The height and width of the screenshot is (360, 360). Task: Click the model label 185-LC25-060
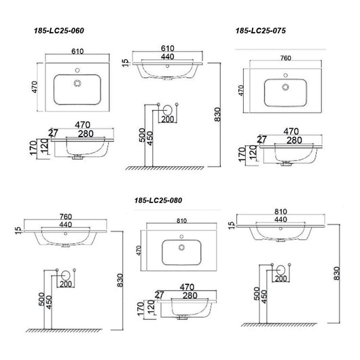59,31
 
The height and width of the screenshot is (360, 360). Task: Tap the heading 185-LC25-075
261,31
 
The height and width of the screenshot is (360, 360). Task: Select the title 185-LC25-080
158,200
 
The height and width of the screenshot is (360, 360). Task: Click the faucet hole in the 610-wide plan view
77,70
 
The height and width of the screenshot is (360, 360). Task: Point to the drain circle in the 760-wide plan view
285,87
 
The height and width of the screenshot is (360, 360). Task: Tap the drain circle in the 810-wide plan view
181,247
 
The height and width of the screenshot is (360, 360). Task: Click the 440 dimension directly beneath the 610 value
167,56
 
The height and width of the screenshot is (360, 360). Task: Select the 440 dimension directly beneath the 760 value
66,224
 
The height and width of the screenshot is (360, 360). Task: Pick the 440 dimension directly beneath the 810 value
281,219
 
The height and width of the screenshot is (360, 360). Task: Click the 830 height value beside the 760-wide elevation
120,280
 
